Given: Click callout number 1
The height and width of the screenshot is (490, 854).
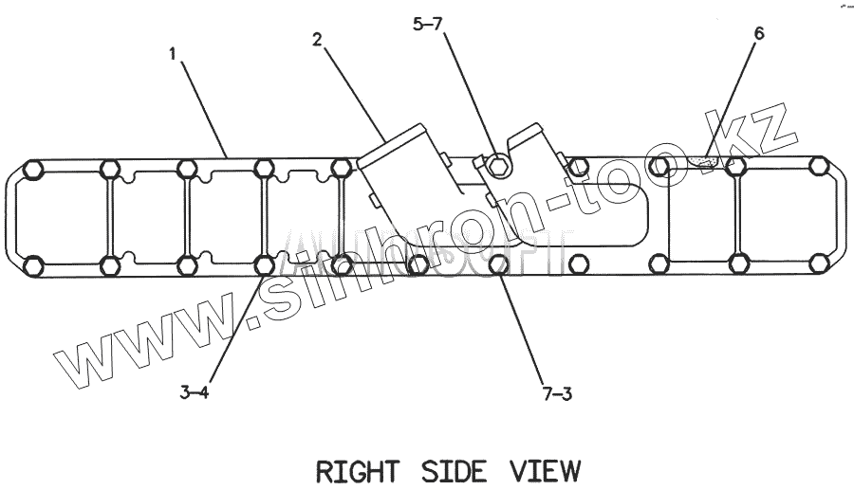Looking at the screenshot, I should [x=173, y=55].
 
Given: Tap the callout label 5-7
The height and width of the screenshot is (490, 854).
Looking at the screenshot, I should [x=426, y=27].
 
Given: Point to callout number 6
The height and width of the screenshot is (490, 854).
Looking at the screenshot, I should [x=758, y=33].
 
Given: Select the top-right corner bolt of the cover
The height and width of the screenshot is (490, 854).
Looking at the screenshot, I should [x=818, y=168].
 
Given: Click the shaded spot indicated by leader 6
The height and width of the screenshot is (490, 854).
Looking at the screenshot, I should [x=705, y=161].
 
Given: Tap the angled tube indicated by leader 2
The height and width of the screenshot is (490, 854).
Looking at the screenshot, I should [x=408, y=190].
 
